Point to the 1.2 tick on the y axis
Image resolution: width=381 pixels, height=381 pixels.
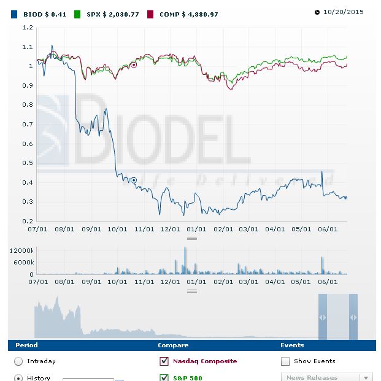pyautogui.click(x=26, y=28)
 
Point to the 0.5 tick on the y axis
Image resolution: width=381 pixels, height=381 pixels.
pyautogui.click(x=26, y=163)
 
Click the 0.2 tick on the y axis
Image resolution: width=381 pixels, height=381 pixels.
pyautogui.click(x=26, y=221)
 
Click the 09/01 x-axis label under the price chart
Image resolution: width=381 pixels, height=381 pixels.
pyautogui.click(x=91, y=229)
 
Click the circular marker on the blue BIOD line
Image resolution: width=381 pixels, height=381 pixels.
pyautogui.click(x=134, y=180)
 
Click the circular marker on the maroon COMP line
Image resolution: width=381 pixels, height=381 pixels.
pyautogui.click(x=134, y=64)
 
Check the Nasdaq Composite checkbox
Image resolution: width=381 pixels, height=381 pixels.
pyautogui.click(x=164, y=361)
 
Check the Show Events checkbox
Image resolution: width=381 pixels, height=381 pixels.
pyautogui.click(x=285, y=361)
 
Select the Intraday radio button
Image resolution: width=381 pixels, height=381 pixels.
pyautogui.click(x=18, y=361)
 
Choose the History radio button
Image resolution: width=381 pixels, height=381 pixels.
pyautogui.click(x=18, y=377)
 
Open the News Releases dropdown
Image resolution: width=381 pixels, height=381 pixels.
pyautogui.click(x=326, y=377)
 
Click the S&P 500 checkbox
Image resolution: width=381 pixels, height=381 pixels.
pyautogui.click(x=164, y=377)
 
